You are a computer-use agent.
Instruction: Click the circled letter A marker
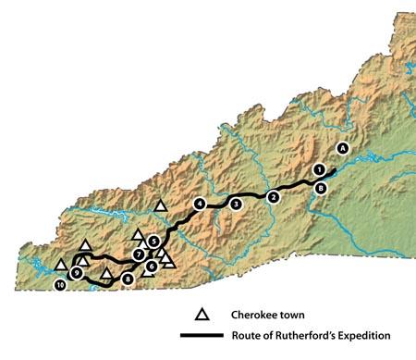tap(343, 147)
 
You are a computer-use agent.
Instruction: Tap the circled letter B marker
tap(320, 188)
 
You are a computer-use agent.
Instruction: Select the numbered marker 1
tap(319, 169)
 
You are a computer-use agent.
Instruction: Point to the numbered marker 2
tap(272, 197)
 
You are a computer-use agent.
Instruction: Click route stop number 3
tap(236, 204)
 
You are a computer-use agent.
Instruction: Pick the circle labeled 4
tap(199, 204)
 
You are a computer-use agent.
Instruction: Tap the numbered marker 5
tap(153, 242)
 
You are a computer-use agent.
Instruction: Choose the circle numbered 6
tap(151, 267)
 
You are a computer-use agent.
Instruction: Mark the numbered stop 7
tap(138, 254)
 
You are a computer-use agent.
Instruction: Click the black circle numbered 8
tap(128, 278)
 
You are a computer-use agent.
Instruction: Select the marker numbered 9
tap(76, 273)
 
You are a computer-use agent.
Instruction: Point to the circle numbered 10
tap(60, 287)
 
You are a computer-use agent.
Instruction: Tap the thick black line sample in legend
tap(204, 336)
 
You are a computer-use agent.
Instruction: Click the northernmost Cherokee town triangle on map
tap(161, 205)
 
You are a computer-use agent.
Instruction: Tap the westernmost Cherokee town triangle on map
tap(61, 265)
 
